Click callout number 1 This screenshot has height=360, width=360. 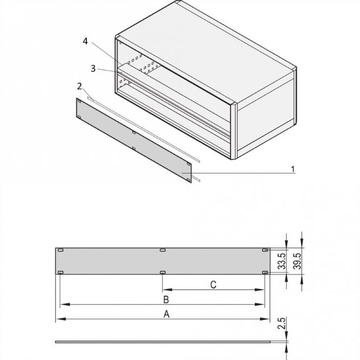point(293,169)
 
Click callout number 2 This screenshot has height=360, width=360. point(80,86)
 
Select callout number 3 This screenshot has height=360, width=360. point(93,69)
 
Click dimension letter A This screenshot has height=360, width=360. point(167,314)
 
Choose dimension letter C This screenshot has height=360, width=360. point(213,285)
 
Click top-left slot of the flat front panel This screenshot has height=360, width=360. point(61,250)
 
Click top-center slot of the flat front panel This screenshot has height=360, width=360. point(162,250)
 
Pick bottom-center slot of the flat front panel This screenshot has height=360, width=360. point(162,272)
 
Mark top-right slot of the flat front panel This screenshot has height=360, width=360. point(264,250)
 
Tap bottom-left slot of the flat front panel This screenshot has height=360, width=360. point(61,272)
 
